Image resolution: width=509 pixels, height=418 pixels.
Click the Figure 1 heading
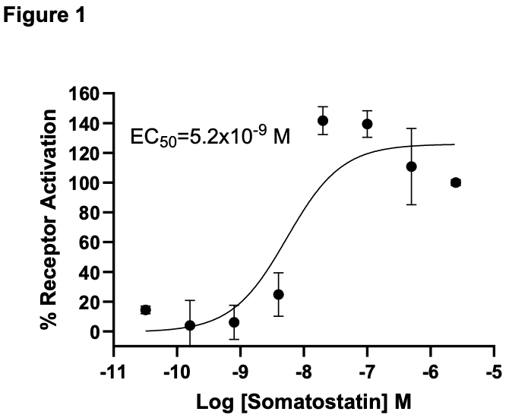pyautogui.click(x=44, y=15)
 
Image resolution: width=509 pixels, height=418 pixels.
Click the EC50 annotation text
pyautogui.click(x=210, y=135)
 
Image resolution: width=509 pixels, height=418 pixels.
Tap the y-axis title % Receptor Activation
pyautogui.click(x=49, y=219)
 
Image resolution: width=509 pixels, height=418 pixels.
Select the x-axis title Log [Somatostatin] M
pyautogui.click(x=304, y=401)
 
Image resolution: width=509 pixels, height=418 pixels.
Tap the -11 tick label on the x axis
pyautogui.click(x=113, y=372)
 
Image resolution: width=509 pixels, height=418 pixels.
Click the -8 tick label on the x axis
pyautogui.click(x=304, y=372)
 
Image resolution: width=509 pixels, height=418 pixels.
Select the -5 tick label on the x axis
pyautogui.click(x=494, y=372)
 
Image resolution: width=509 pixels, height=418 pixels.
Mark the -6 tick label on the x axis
pyautogui.click(x=431, y=372)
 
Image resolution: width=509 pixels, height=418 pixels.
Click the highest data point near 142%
pyautogui.click(x=323, y=121)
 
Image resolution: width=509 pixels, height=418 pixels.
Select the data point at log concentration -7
pyautogui.click(x=367, y=124)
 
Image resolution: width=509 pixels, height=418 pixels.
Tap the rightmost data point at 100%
pyautogui.click(x=456, y=183)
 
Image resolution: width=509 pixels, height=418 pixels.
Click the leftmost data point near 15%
pyautogui.click(x=145, y=310)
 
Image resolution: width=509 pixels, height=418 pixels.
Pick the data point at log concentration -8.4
pyautogui.click(x=279, y=295)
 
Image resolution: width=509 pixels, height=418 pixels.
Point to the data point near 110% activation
pyautogui.click(x=411, y=167)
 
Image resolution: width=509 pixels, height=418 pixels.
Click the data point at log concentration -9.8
pyautogui.click(x=190, y=325)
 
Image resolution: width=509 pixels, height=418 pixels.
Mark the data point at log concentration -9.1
pyautogui.click(x=234, y=322)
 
